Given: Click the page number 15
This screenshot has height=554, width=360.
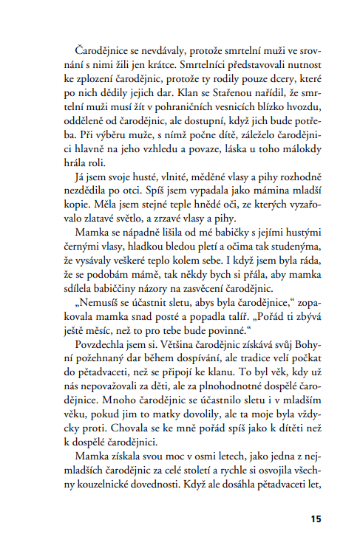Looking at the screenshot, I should [316, 519].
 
